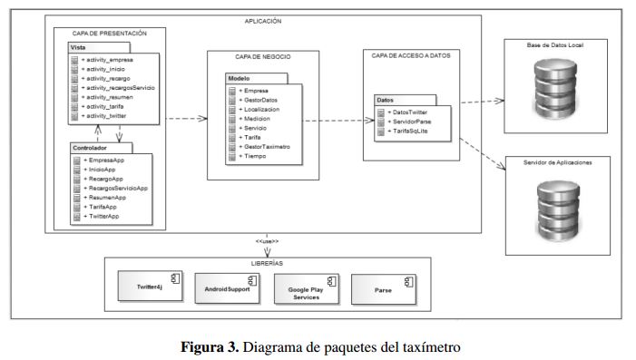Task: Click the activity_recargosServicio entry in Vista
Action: [x=118, y=88]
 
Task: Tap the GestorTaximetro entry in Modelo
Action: [x=264, y=147]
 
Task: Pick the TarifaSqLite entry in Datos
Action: [x=407, y=131]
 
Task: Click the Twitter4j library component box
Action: [x=150, y=287]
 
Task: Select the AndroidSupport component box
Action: [x=227, y=288]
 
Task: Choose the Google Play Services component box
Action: [x=307, y=289]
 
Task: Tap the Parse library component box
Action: [x=384, y=289]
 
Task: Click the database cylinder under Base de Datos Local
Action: [x=555, y=89]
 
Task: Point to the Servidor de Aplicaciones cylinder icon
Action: [x=559, y=210]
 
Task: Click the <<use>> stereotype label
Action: [x=267, y=241]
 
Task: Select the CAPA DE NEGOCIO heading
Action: [x=263, y=57]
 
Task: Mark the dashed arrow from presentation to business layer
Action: [x=187, y=119]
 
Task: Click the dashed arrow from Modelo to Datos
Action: [x=338, y=121]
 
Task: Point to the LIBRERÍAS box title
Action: [x=267, y=263]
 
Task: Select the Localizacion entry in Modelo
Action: [x=259, y=110]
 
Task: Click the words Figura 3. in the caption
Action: [x=210, y=347]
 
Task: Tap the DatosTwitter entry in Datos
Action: [x=407, y=112]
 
